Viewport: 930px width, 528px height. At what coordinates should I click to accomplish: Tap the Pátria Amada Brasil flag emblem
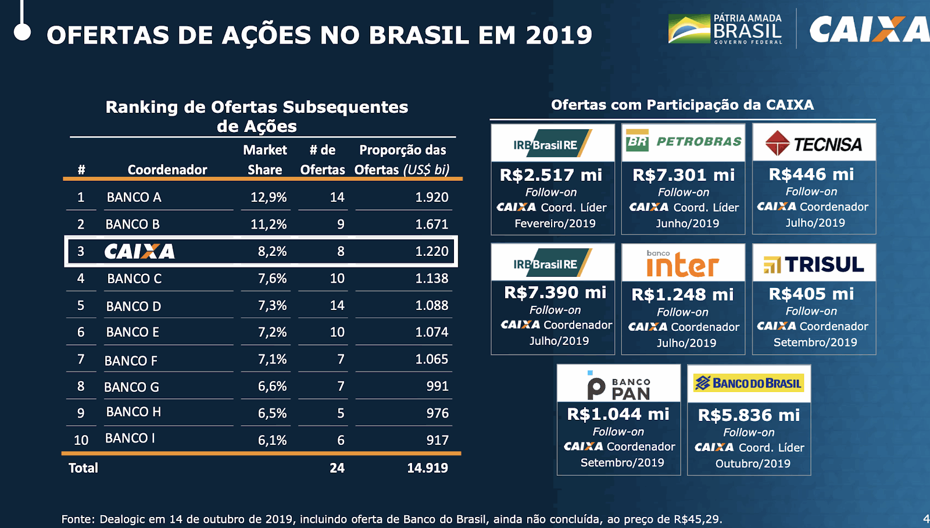(x=689, y=29)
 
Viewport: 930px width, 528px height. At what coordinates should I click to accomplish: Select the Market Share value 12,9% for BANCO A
(x=269, y=197)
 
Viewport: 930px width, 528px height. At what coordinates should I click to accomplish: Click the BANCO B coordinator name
(x=133, y=224)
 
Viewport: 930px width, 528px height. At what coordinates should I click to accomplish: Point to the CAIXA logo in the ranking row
(x=139, y=251)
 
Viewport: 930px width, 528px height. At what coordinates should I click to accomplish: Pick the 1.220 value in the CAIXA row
(x=431, y=251)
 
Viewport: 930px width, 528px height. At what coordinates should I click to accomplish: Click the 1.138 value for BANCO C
(x=431, y=279)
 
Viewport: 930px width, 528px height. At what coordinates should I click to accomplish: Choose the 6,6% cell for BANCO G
(x=272, y=386)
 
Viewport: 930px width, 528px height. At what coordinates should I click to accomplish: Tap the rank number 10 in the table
(x=81, y=440)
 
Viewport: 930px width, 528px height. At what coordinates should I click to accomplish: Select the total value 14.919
(x=427, y=468)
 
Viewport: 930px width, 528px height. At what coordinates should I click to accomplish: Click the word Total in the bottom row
(x=83, y=468)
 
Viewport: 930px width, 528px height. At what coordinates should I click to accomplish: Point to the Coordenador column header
(x=167, y=170)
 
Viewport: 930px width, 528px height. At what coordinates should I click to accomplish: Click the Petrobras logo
(x=684, y=141)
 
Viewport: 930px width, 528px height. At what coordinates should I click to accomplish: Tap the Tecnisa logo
(x=814, y=144)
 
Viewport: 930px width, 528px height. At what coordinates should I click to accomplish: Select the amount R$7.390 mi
(x=555, y=292)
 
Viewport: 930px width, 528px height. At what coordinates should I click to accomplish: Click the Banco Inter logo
(x=683, y=265)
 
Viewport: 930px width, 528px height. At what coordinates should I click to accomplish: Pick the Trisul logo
(x=814, y=265)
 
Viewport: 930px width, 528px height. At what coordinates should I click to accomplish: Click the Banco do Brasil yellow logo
(x=749, y=383)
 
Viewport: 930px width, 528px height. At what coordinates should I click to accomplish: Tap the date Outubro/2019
(x=753, y=463)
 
